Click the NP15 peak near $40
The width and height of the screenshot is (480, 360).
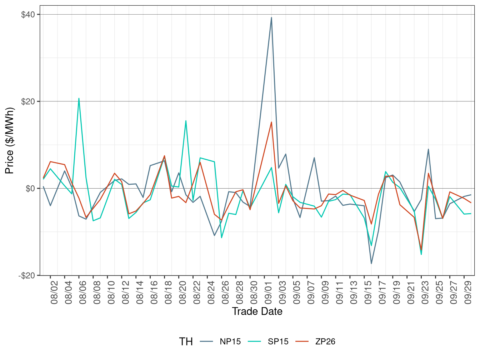[271, 17]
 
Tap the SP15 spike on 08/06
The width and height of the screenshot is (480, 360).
[79, 98]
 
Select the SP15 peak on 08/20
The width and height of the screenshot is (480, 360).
[186, 121]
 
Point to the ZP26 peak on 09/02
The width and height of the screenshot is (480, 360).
[271, 122]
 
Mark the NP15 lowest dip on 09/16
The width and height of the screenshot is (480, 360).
[371, 264]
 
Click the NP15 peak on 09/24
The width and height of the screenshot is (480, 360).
[428, 149]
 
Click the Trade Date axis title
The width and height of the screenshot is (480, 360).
[257, 311]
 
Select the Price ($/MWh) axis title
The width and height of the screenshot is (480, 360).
[10, 140]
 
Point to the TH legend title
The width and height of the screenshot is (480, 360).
[186, 342]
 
